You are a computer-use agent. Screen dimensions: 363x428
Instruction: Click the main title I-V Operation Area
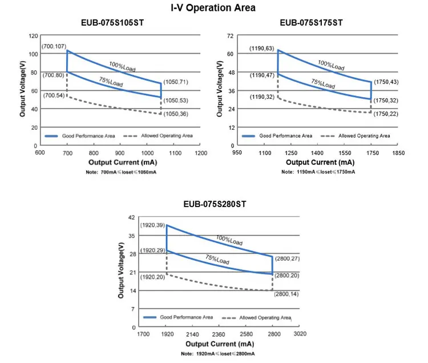(x=213, y=8)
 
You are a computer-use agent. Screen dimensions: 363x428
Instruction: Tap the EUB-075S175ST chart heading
(x=311, y=23)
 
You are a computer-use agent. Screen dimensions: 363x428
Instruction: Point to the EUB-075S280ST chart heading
(x=215, y=204)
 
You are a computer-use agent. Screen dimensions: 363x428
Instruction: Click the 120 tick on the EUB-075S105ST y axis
(x=33, y=36)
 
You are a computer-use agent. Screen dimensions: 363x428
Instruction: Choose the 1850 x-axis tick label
(x=398, y=153)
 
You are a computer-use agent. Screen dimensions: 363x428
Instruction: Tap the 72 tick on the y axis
(x=231, y=36)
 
